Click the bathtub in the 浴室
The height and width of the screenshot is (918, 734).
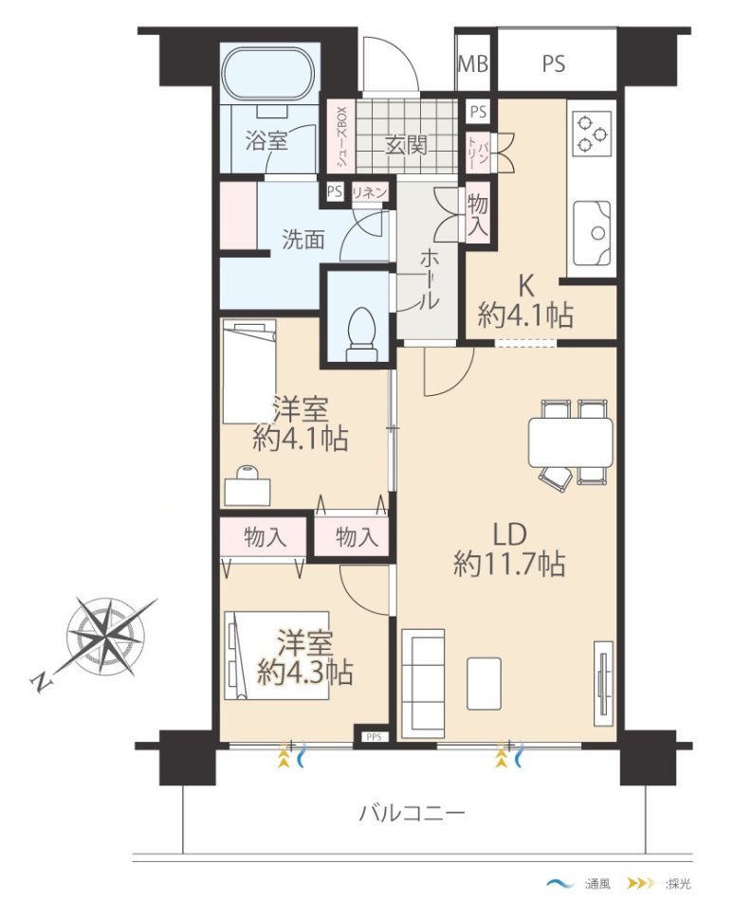click(269, 74)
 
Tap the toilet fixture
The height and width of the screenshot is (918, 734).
click(362, 334)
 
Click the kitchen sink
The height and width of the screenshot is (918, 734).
click(592, 234)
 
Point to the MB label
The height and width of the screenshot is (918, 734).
click(472, 63)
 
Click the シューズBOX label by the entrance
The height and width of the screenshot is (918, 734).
click(341, 138)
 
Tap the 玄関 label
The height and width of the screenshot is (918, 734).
click(406, 145)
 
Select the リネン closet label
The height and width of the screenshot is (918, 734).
click(369, 192)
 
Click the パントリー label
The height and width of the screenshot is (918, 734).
click(478, 153)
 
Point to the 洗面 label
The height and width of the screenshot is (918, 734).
click(303, 240)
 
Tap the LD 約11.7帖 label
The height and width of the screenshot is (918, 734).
click(509, 549)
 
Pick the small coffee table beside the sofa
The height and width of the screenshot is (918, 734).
click(484, 683)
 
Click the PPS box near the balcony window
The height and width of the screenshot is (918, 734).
click(374, 737)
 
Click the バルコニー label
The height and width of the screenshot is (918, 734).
click(412, 813)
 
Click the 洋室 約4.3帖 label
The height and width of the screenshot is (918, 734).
click(304, 657)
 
